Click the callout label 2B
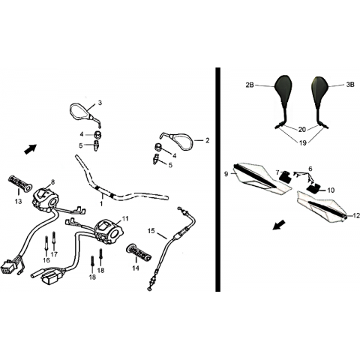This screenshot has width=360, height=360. tap(250, 85)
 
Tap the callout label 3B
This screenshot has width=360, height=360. tap(350, 85)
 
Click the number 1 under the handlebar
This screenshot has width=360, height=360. tap(101, 204)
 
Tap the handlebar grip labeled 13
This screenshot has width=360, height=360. tap(20, 184)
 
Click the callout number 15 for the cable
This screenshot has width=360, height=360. tap(151, 231)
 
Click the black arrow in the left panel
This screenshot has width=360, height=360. tap(30, 149)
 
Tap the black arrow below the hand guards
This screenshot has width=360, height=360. tap(279, 224)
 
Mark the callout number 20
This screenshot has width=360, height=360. tap(302, 130)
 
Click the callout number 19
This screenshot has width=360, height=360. tap(302, 143)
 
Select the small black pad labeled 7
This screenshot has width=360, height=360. tap(283, 176)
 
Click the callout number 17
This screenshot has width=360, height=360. tap(54, 254)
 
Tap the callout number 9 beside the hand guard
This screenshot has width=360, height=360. tap(226, 174)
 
